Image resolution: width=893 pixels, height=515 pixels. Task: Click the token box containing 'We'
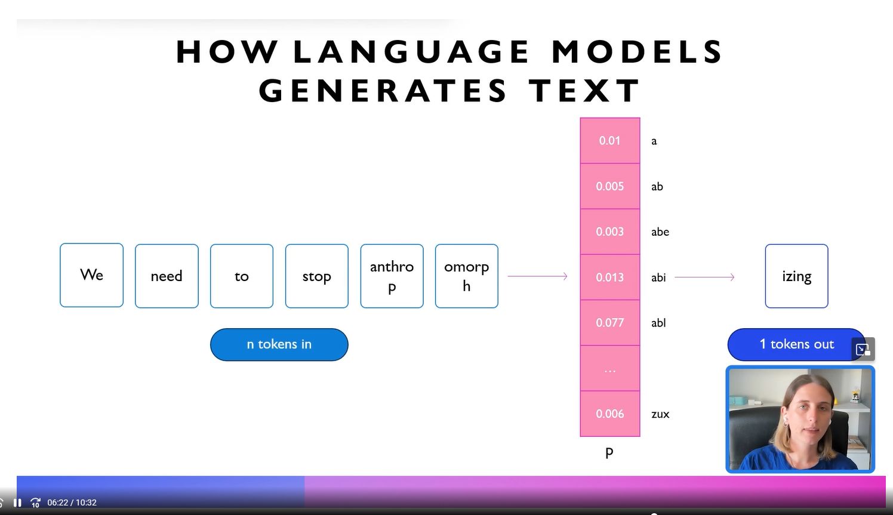92,275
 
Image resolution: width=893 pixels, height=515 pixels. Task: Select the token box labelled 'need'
167,276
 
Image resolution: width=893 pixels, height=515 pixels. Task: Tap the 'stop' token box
317,276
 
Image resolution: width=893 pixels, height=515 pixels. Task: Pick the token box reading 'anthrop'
392,276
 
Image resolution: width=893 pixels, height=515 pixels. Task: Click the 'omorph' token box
467,276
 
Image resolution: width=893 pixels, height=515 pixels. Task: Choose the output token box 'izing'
796,276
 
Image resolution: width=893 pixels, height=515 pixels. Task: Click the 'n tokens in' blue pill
279,344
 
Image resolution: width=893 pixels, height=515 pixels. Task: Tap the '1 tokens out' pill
796,344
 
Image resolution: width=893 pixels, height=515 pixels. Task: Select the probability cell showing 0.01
610,141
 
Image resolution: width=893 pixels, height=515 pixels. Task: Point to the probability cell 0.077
610,322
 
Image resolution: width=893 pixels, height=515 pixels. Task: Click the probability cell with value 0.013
610,277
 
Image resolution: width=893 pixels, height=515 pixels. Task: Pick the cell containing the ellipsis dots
610,368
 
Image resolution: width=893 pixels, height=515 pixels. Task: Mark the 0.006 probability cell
610,414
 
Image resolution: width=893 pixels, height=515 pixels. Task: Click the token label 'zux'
660,414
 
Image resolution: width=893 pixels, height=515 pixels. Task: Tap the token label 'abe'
660,232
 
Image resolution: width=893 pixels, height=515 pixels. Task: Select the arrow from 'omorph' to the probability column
537,276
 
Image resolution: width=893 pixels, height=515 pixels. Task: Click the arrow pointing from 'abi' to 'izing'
704,277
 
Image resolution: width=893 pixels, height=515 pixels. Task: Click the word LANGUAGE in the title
411,52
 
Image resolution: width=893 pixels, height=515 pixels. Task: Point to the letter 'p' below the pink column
609,453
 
